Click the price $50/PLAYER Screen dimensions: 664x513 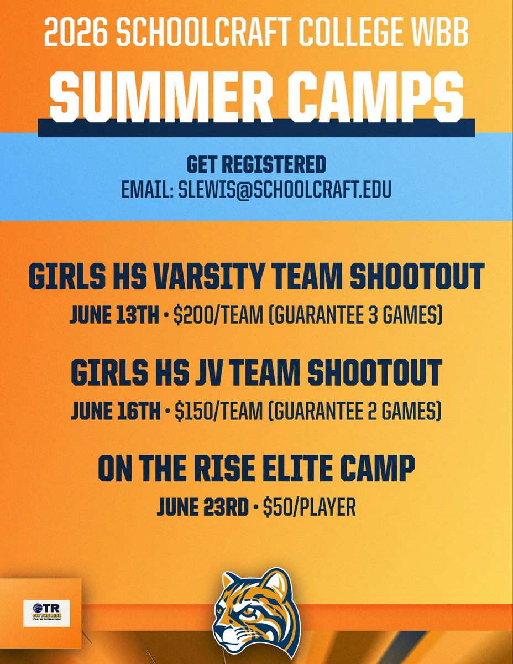[x=309, y=507]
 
